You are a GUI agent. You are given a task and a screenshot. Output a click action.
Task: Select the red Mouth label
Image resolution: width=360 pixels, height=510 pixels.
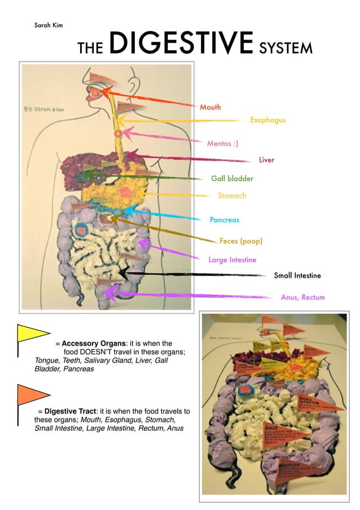210,107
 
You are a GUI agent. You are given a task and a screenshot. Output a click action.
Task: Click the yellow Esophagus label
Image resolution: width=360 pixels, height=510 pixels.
267,120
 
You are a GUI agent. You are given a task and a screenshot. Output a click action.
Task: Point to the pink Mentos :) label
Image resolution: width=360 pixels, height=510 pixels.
222,143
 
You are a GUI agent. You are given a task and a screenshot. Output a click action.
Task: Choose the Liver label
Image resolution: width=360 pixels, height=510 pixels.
266,160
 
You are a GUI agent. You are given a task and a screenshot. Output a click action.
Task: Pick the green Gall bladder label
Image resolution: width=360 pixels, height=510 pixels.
232,178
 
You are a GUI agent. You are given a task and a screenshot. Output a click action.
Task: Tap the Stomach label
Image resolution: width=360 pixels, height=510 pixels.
232,196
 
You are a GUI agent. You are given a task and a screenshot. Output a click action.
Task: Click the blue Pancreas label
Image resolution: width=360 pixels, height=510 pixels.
224,220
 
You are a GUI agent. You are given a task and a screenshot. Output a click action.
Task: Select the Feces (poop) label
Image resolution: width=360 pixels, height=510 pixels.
241,241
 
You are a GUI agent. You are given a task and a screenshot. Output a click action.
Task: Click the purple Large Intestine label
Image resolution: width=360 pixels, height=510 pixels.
232,260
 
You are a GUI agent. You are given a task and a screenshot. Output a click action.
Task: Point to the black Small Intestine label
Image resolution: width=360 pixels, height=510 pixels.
297,276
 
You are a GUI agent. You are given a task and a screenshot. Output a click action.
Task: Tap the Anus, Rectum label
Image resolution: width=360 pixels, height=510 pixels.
302,297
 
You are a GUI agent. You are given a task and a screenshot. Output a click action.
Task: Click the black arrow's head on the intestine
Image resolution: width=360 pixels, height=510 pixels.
123,273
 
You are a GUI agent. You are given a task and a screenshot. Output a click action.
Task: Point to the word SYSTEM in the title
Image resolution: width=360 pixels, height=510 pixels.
286,48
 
